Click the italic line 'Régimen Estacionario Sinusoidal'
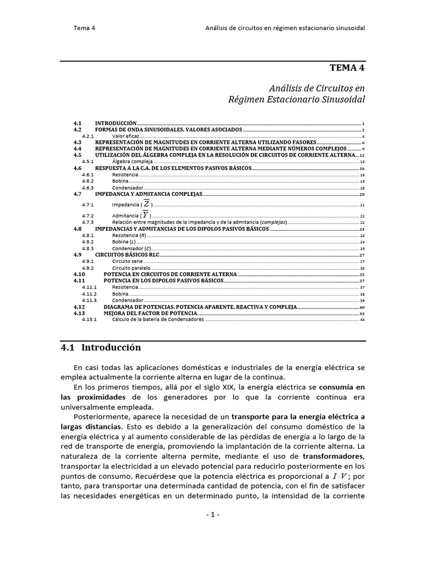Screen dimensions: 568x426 (297, 99)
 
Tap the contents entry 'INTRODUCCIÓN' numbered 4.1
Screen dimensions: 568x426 (115, 123)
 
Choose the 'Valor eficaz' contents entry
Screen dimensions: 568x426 (125, 136)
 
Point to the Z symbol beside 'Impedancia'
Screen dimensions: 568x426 (146, 204)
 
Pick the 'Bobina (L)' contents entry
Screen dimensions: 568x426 (124, 242)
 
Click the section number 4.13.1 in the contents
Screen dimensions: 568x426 (89, 320)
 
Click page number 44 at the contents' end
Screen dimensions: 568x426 (362, 320)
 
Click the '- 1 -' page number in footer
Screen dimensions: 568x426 (213, 514)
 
